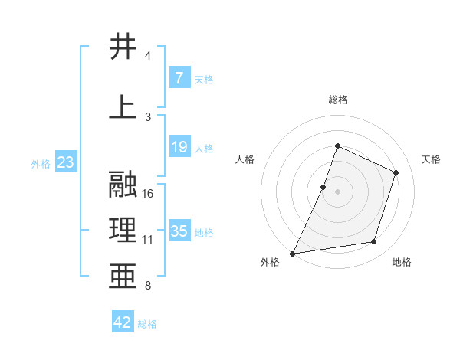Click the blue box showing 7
(179, 78)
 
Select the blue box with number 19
(179, 147)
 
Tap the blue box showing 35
(179, 231)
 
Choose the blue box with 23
(65, 162)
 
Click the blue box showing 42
(123, 322)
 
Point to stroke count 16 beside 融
(149, 194)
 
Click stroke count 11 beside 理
(149, 240)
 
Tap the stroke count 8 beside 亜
(148, 286)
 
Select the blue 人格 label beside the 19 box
(204, 148)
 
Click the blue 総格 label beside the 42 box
(147, 324)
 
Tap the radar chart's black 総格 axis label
(337, 100)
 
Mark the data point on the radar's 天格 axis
(396, 172)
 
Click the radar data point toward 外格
(292, 253)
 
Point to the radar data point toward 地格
(374, 242)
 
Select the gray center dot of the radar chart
(337, 191)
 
